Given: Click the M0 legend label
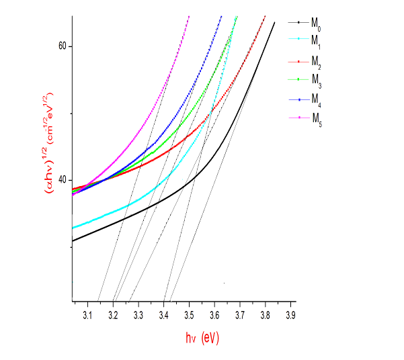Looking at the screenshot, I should (315, 23).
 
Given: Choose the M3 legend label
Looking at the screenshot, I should (315, 81).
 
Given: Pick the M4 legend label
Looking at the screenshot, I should (315, 100).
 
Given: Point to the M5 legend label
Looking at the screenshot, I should (315, 120).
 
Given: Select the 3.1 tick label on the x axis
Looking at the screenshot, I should (87, 314).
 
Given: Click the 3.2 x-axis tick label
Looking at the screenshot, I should (112, 314).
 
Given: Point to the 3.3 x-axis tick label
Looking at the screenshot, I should (138, 314).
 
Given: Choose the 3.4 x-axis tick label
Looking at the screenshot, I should (163, 314).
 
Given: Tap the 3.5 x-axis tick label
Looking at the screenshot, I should (189, 314).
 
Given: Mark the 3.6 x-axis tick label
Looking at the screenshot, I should (214, 314).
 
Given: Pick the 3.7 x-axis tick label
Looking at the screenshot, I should (240, 314).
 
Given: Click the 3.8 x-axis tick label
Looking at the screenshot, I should (266, 314).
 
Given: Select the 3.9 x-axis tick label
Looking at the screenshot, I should (290, 314).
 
